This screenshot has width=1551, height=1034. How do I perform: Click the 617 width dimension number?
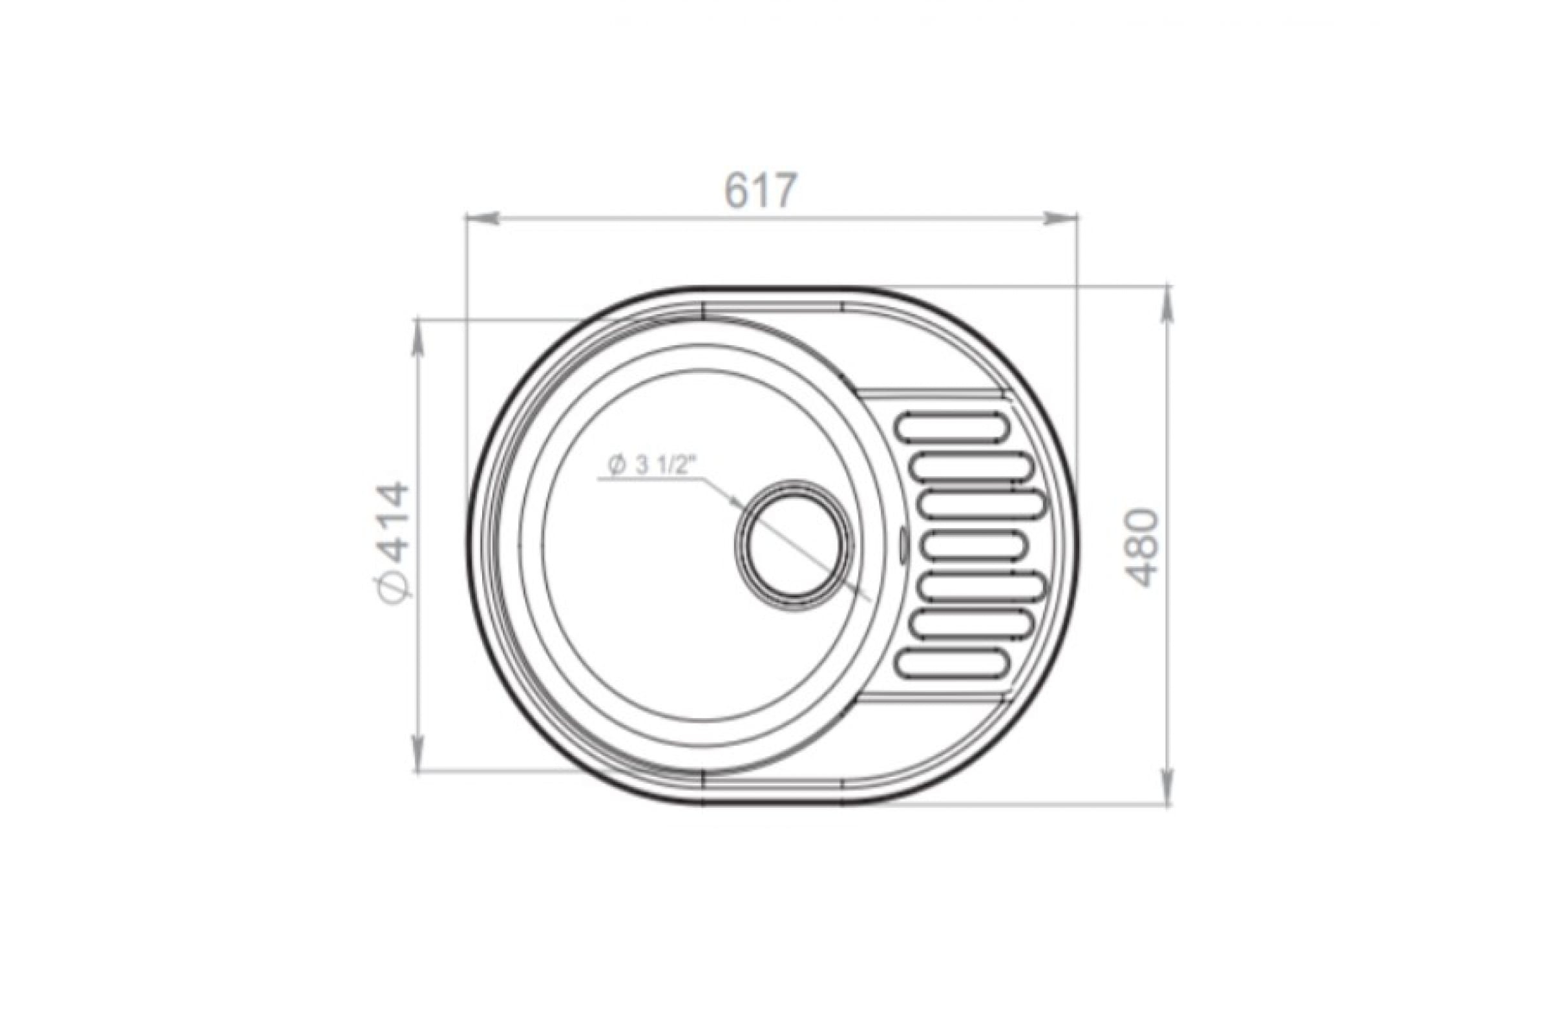point(762,191)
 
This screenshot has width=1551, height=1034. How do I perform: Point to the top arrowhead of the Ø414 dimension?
point(417,335)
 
